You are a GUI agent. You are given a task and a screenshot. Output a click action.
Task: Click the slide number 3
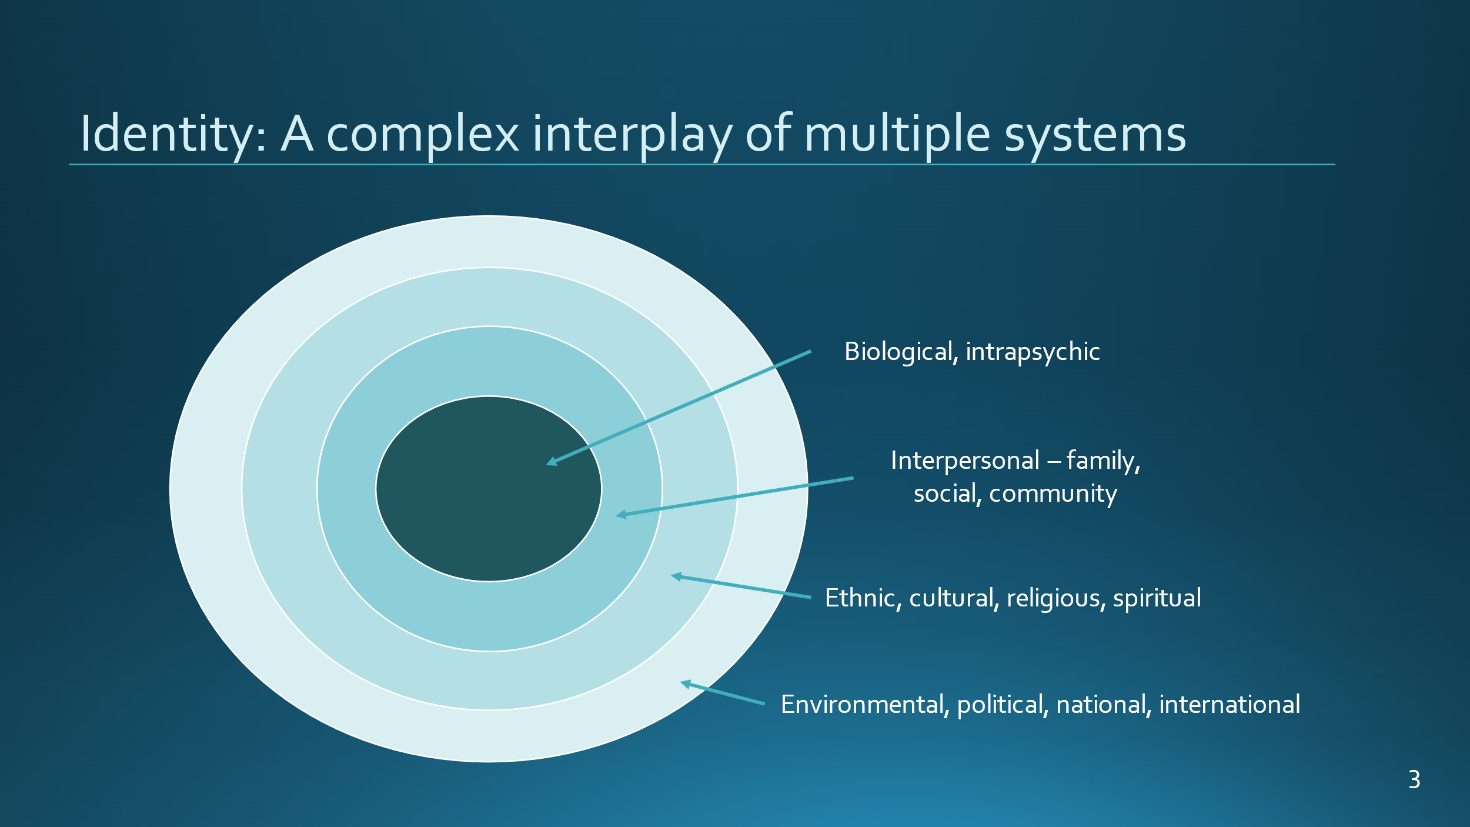(1414, 780)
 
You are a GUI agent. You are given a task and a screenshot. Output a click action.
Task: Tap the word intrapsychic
(1033, 352)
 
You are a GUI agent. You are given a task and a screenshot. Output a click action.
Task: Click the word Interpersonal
(965, 461)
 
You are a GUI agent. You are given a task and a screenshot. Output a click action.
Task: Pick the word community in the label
(1053, 494)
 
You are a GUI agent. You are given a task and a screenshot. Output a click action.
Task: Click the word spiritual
(1157, 599)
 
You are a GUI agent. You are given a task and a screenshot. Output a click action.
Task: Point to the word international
(1230, 705)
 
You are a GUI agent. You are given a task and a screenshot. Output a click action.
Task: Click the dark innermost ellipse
(489, 489)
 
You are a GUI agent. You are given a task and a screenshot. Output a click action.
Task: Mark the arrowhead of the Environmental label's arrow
(684, 684)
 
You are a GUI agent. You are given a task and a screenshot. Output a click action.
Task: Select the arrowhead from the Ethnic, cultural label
(676, 576)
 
